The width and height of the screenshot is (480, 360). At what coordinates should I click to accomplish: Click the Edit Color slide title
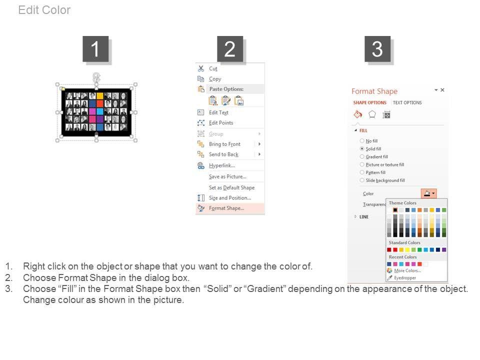coord(44,10)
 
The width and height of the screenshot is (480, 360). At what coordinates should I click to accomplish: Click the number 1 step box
coord(95,49)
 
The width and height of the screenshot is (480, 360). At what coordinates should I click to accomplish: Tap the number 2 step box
coord(230,49)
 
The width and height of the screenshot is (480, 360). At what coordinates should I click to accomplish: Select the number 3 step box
coord(377,49)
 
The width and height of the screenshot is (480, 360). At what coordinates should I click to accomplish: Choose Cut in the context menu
coord(213,68)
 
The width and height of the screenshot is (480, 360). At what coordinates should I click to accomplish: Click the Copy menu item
coord(215,79)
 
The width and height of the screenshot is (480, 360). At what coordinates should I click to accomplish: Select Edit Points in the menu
coord(221,123)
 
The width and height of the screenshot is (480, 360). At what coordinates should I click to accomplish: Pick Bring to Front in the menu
coord(224,144)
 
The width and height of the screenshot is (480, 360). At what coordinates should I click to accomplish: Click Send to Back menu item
coord(224,154)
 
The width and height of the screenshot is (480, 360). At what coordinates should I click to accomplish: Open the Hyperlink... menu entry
coord(222,165)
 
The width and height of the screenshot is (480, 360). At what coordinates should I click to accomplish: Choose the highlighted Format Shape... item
coord(226,208)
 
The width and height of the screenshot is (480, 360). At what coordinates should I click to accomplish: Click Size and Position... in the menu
coord(230,198)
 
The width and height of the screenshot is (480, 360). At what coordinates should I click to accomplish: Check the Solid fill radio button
coord(362,149)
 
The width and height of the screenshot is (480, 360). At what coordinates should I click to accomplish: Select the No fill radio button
coord(362,141)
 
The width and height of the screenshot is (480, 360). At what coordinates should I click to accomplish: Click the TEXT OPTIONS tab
coord(407,102)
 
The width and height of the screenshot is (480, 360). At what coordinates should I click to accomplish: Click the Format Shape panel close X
coord(442,90)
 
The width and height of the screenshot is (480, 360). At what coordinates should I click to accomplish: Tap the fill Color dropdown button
coord(429,193)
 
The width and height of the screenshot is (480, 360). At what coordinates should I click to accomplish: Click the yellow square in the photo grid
coord(100,96)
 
